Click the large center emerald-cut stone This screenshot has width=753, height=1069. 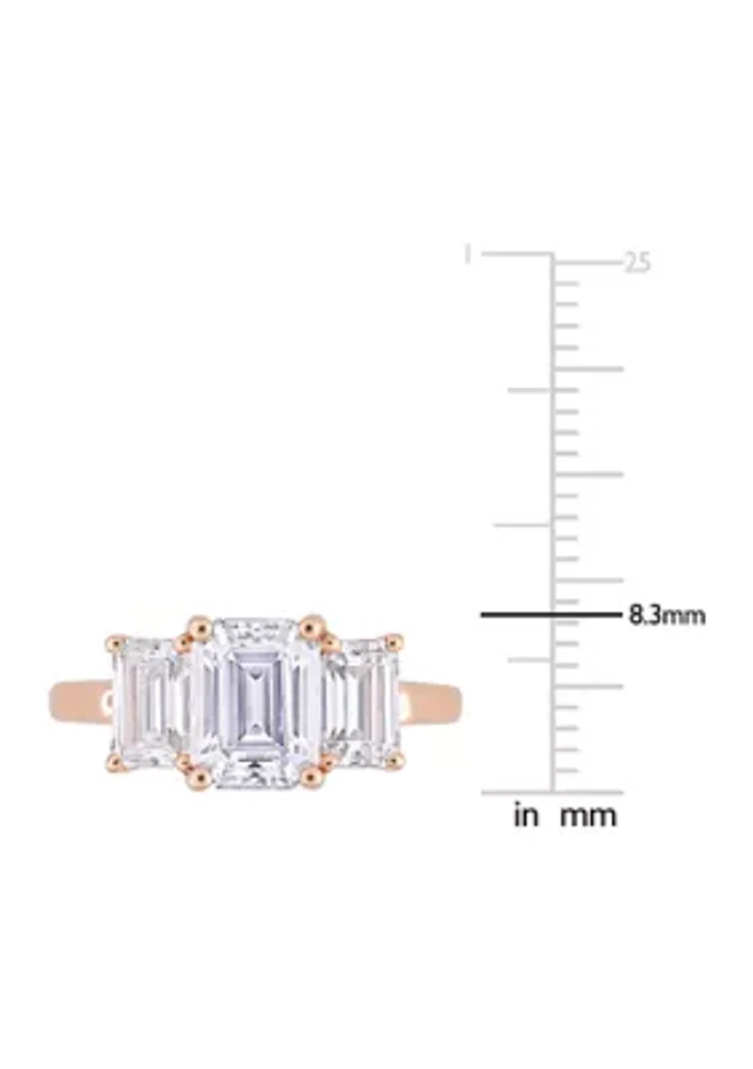255,702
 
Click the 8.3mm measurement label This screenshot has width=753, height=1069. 666,616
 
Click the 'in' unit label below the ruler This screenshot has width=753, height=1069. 526,816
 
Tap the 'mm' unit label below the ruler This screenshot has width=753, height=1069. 588,816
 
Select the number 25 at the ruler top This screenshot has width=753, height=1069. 637,264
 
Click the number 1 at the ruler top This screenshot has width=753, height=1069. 467,254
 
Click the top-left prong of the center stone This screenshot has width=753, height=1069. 200,625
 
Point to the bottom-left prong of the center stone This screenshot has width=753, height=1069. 200,778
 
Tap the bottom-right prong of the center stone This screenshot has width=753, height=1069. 312,778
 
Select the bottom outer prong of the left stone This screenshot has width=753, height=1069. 115,760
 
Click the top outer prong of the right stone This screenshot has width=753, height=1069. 394,642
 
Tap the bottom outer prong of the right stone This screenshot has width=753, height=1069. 394,759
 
